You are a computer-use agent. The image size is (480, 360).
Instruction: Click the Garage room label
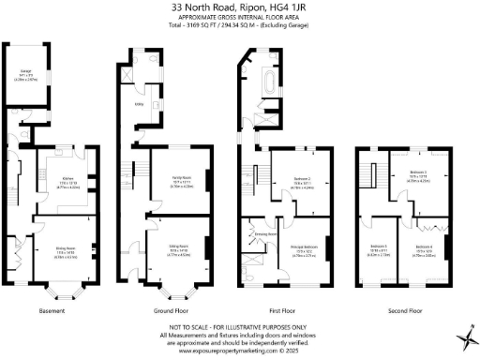pos(24,72)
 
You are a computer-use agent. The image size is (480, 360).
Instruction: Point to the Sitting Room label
pos(179,248)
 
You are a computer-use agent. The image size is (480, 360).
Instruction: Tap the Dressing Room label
pos(267,233)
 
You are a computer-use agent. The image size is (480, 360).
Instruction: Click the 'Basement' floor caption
pos(52,309)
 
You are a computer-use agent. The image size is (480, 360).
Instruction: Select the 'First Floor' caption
pos(285,309)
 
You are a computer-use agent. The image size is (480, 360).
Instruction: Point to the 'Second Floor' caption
pos(403,309)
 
